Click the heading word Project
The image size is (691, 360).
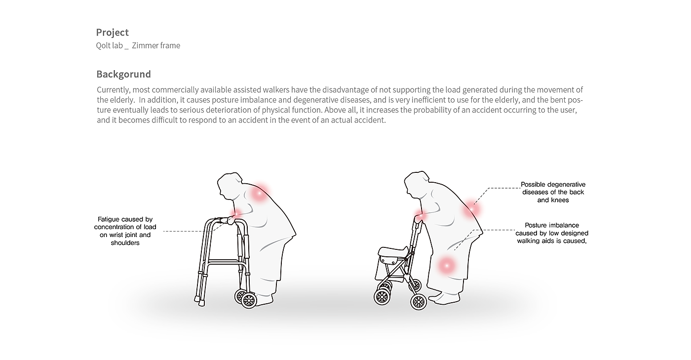pos(113,33)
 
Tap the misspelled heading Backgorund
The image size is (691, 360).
pos(124,74)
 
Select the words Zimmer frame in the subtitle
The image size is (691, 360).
pos(156,45)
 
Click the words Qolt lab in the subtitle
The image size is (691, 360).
pos(109,45)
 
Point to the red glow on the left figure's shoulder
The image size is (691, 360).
pos(259,193)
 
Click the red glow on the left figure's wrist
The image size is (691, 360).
pos(236,213)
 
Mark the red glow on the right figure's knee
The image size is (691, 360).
pos(446,266)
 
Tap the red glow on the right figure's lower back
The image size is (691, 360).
pos(472,210)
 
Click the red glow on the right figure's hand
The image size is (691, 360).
pos(420,215)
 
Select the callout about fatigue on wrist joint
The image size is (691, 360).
pos(125,231)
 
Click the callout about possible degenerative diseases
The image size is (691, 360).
pos(553,192)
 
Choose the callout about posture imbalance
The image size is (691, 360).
pos(552,233)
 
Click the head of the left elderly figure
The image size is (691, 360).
pos(230,185)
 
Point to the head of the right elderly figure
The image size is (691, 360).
pos(417,185)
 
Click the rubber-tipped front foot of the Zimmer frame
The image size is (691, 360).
pos(201,304)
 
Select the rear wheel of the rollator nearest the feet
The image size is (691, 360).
pos(419,301)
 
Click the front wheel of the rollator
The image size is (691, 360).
pos(382,297)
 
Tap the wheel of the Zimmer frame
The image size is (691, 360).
pos(249,300)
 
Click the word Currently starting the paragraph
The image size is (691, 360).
pos(114,90)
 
